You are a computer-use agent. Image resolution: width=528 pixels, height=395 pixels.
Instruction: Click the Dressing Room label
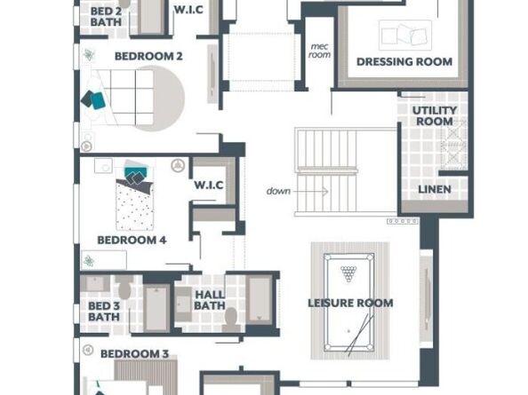(404, 62)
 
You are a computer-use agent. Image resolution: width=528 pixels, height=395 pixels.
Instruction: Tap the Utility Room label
(434, 115)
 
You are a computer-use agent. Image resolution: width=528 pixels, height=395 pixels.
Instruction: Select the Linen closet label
(434, 189)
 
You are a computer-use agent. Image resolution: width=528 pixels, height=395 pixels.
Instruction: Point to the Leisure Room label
(350, 304)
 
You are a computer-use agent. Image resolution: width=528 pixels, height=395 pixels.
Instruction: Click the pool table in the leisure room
(351, 302)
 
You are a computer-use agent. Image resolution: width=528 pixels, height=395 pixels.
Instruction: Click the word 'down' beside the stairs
(278, 191)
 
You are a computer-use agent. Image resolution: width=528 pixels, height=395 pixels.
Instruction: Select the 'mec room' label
(319, 50)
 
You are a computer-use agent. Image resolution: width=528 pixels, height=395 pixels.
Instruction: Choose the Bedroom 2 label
(148, 56)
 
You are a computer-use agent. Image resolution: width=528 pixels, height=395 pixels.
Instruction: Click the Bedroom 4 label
(132, 240)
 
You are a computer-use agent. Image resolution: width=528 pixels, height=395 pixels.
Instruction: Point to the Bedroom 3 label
(134, 354)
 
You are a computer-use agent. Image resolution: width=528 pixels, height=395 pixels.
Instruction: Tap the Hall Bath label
(210, 301)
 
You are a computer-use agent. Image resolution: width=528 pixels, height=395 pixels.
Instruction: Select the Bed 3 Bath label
(103, 312)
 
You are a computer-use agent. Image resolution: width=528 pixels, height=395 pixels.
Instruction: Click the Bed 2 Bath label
(107, 15)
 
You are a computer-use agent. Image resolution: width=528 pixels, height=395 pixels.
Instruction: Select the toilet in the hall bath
(231, 318)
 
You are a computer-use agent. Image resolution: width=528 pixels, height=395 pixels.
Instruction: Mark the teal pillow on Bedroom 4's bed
(135, 173)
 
